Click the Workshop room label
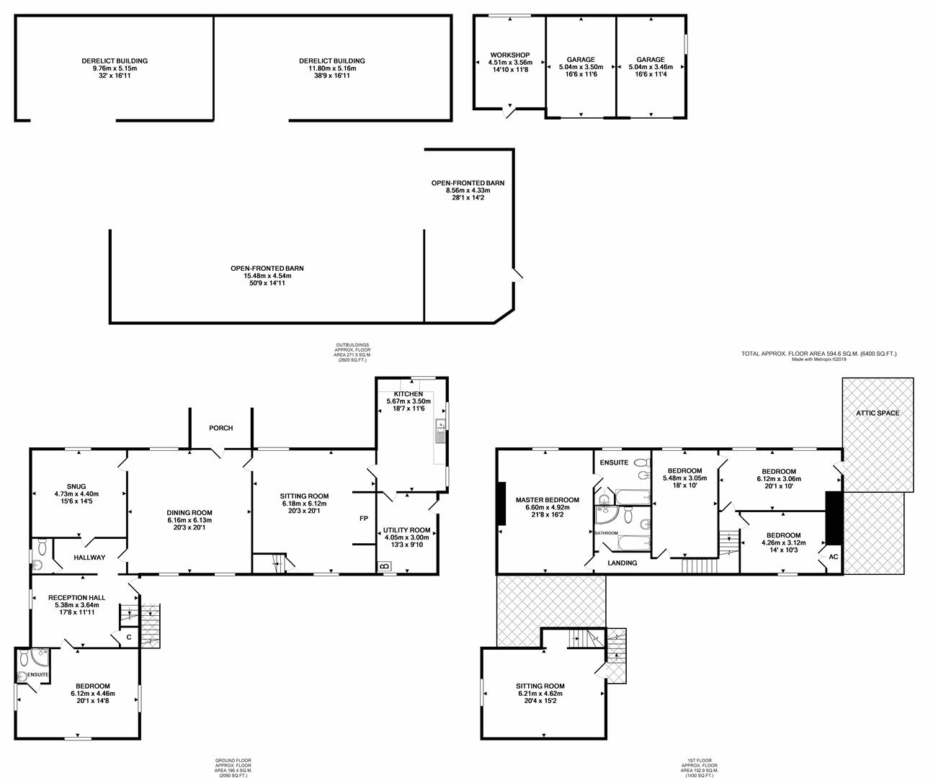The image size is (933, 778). click(510, 55)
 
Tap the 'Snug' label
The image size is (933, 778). click(76, 486)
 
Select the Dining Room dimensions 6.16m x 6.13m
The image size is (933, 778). click(189, 520)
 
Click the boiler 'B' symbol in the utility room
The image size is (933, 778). click(384, 566)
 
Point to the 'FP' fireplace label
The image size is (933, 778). click(364, 519)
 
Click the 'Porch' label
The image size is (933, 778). click(220, 428)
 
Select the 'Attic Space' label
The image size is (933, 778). click(878, 413)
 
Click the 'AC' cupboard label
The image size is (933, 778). click(834, 557)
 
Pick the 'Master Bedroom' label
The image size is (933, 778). click(548, 500)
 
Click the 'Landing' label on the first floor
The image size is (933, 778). click(622, 563)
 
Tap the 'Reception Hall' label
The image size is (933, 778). click(77, 597)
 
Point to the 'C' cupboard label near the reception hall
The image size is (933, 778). click(129, 638)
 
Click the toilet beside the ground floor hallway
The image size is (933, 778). click(43, 547)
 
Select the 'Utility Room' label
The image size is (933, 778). click(406, 530)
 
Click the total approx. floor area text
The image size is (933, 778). click(819, 354)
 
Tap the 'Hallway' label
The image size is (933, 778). click(89, 558)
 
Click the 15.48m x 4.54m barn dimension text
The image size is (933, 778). click(267, 276)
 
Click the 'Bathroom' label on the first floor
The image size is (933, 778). click(606, 532)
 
